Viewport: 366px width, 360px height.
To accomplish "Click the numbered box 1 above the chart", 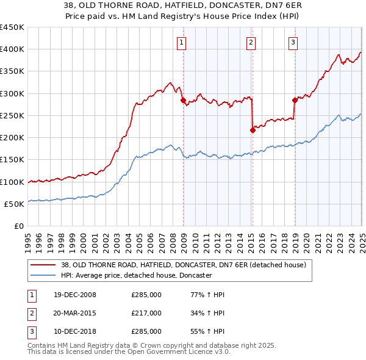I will [x=182, y=42].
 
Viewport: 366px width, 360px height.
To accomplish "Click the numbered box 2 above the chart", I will [x=251, y=42].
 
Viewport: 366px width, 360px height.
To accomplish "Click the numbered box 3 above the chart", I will [x=293, y=42].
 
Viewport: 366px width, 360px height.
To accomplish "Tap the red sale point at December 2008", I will [x=183, y=101].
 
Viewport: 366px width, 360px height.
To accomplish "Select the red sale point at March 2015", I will [x=253, y=130].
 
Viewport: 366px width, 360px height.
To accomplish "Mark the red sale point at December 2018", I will [x=295, y=100].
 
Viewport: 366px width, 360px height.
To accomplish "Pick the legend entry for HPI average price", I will [x=135, y=276].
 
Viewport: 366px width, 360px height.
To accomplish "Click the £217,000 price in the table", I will [x=146, y=313].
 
